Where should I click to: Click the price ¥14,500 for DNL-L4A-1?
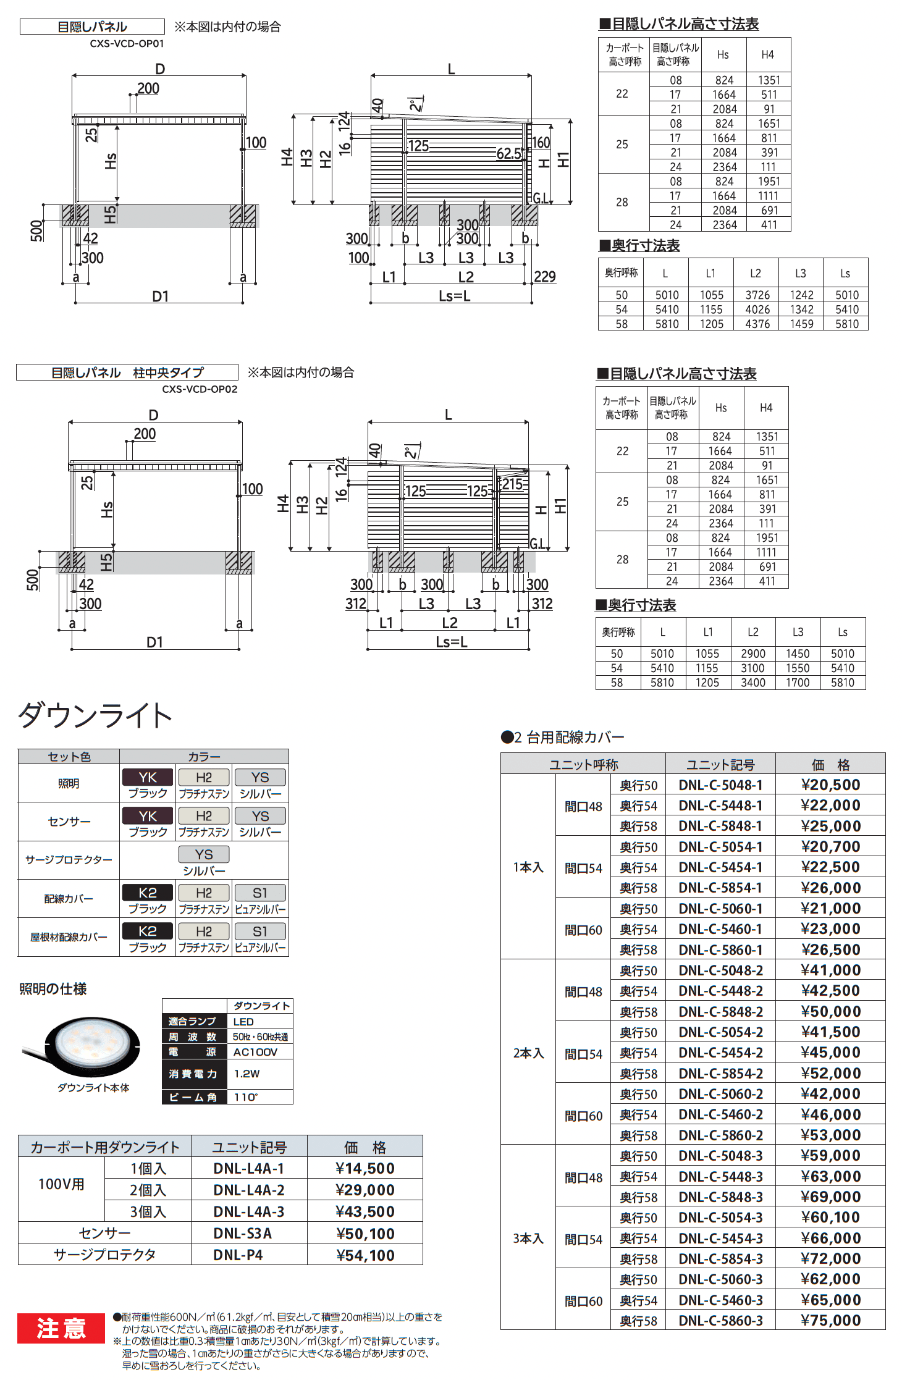(x=365, y=1168)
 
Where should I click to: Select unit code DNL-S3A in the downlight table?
(x=242, y=1233)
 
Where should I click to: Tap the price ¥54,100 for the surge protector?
(x=365, y=1255)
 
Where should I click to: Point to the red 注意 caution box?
(x=61, y=1327)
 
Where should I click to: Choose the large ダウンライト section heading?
(x=95, y=715)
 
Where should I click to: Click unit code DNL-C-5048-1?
(x=720, y=785)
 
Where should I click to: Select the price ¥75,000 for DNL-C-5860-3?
(x=830, y=1320)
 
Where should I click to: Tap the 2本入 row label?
(x=528, y=1053)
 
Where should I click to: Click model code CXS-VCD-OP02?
(x=200, y=389)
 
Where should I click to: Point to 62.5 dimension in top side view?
(x=508, y=153)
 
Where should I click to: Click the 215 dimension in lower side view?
(x=512, y=484)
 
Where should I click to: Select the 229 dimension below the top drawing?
(x=544, y=276)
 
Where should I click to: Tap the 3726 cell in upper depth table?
(x=757, y=295)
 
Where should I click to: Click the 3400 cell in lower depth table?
(x=752, y=683)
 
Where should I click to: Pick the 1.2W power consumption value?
(x=247, y=1074)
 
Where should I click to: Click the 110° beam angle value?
(x=245, y=1097)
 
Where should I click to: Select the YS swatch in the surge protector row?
(x=204, y=854)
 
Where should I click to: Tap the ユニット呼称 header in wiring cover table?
(x=583, y=764)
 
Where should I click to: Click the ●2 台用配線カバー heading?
(x=562, y=737)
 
